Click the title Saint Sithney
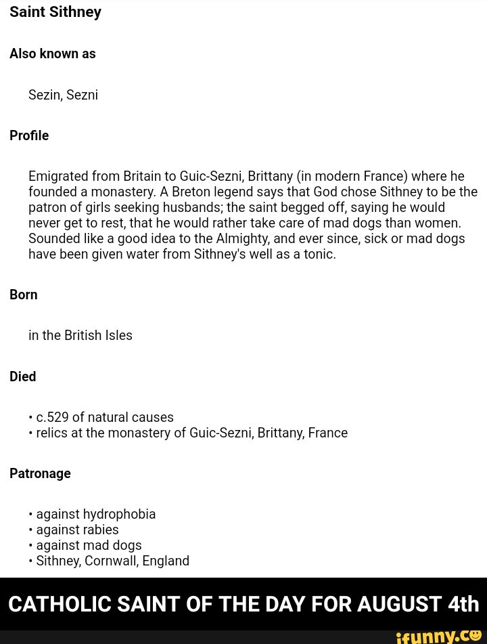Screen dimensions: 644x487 [x=55, y=12]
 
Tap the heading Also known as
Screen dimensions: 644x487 [x=53, y=53]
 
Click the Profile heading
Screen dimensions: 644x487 [x=29, y=135]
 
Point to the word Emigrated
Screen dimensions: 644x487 [x=58, y=176]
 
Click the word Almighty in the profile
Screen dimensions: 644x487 [x=242, y=238]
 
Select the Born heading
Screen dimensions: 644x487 [x=24, y=295]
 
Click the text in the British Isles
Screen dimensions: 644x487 [x=80, y=335]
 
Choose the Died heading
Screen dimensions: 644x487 [x=23, y=377]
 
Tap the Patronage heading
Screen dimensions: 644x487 [x=40, y=473]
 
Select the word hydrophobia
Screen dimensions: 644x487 [x=119, y=514]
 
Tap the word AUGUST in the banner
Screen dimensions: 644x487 [x=399, y=604]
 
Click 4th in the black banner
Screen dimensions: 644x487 [x=463, y=604]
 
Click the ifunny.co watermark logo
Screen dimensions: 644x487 [x=438, y=636]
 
